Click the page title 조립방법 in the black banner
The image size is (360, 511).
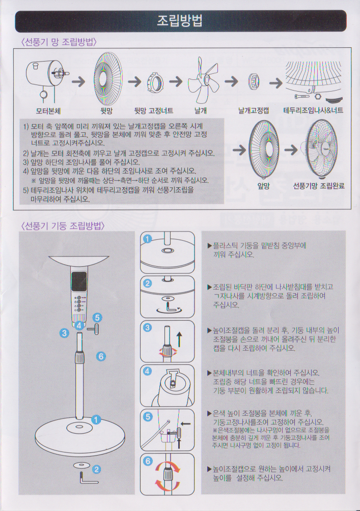[180, 20]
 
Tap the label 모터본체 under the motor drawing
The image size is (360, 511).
[48, 111]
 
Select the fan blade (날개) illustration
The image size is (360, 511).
[203, 80]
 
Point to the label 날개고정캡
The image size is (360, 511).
[254, 111]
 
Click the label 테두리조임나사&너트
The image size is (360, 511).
[313, 110]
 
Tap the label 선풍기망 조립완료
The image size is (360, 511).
[319, 186]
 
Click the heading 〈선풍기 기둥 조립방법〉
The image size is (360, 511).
[63, 225]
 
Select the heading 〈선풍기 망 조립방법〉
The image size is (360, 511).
[59, 42]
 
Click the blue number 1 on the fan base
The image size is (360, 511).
[96, 420]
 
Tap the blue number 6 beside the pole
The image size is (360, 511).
[101, 356]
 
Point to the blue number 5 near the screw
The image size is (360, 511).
[97, 318]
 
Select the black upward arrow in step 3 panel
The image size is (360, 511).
[179, 339]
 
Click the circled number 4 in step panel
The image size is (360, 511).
[147, 371]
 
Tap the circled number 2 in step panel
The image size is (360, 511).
[147, 283]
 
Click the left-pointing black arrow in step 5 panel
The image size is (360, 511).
[185, 424]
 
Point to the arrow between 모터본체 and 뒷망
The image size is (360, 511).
[78, 81]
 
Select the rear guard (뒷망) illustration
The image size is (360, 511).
[108, 78]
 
